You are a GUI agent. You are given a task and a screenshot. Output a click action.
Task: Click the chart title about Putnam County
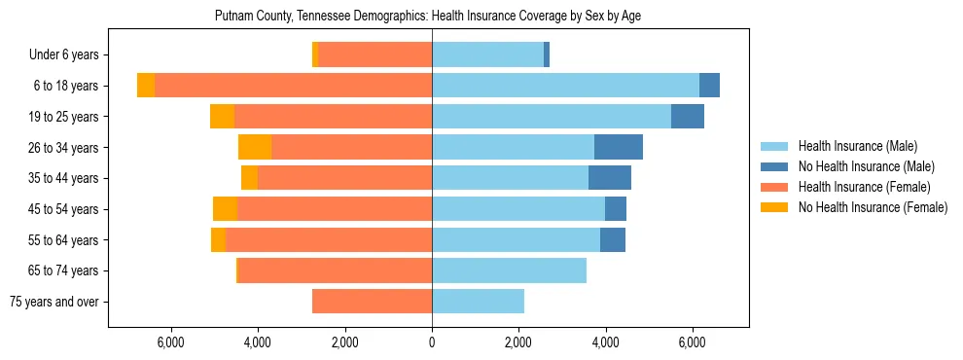427,17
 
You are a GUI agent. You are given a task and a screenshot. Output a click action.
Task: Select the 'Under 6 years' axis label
69,55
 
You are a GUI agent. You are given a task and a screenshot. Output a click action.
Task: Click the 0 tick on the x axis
432,342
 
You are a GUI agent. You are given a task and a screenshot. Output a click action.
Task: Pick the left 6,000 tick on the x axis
170,342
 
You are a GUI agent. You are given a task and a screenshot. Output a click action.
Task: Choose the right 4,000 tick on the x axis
605,342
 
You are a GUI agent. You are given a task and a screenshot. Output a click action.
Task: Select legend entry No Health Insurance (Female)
873,207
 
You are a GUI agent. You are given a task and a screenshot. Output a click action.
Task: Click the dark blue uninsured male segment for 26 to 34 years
619,147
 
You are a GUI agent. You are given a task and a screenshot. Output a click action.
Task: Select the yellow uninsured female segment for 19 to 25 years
222,117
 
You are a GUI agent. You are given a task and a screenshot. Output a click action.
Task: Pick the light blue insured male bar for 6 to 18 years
565,86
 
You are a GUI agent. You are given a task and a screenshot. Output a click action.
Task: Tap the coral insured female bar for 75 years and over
372,302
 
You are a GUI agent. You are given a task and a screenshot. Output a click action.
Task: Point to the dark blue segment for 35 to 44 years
610,178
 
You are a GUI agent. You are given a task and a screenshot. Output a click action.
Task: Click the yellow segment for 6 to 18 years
146,86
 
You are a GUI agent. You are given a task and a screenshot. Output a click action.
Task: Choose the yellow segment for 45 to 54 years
225,209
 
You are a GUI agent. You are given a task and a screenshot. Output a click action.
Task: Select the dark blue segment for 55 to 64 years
613,239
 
